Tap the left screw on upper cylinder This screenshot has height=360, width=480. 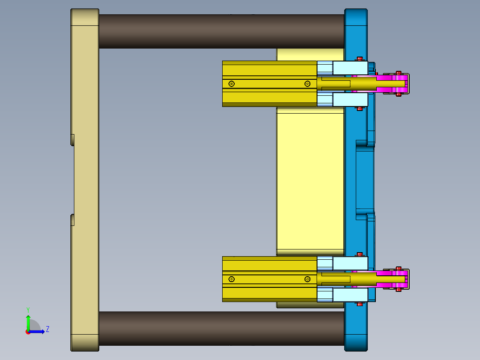click(231, 84)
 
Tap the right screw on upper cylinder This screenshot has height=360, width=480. click(307, 84)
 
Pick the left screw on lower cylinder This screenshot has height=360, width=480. click(231, 279)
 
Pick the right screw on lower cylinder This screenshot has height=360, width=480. click(307, 279)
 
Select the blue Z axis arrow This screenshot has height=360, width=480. click(38, 331)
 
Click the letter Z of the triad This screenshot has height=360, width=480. click(47, 329)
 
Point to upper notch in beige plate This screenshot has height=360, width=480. click(73, 139)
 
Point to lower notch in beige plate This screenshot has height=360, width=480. click(73, 220)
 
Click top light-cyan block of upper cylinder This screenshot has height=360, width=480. click(350, 68)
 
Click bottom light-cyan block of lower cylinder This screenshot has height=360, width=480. click(350, 295)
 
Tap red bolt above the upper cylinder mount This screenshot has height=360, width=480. click(360, 58)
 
